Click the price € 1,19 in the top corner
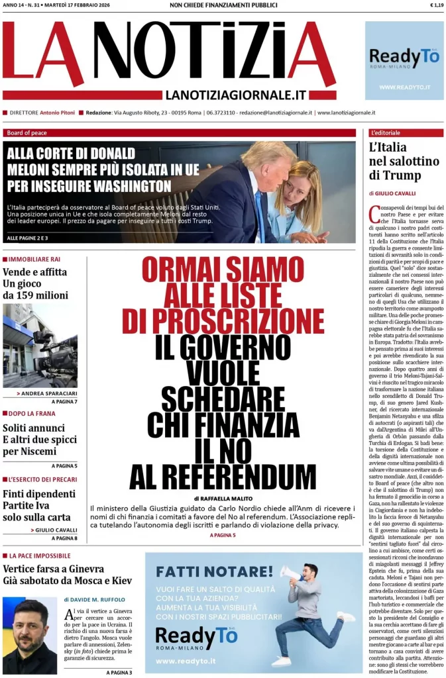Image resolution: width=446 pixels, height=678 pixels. pyautogui.click(x=436, y=5)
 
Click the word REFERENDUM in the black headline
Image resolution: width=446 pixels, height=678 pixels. pyautogui.click(x=223, y=476)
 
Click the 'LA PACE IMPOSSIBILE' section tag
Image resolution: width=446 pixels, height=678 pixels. pyautogui.click(x=40, y=556)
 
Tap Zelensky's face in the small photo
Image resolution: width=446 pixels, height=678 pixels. pyautogui.click(x=30, y=627)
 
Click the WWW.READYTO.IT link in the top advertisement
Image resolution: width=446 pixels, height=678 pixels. pyautogui.click(x=404, y=87)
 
